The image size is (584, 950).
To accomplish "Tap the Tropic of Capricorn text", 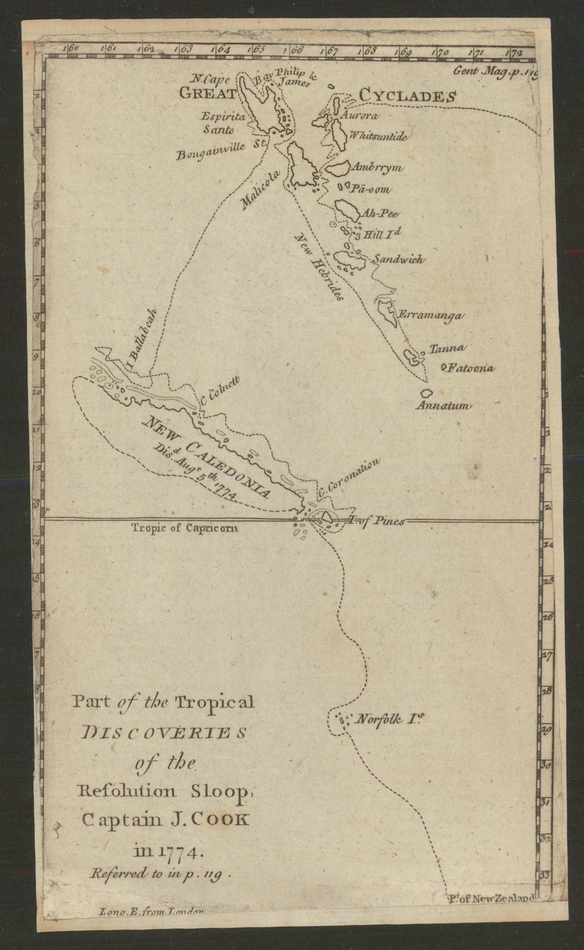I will (x=185, y=527).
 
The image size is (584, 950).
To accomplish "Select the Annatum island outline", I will (x=425, y=393).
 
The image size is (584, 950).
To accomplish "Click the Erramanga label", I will (x=430, y=316).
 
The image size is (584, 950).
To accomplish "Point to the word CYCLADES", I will (x=407, y=96).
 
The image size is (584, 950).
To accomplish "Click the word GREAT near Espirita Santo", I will (x=207, y=93).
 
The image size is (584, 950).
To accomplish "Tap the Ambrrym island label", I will (x=377, y=168).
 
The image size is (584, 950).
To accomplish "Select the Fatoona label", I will (x=470, y=368).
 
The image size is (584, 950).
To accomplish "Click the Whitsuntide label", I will (x=379, y=137).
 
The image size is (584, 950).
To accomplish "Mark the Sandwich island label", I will (x=398, y=259).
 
